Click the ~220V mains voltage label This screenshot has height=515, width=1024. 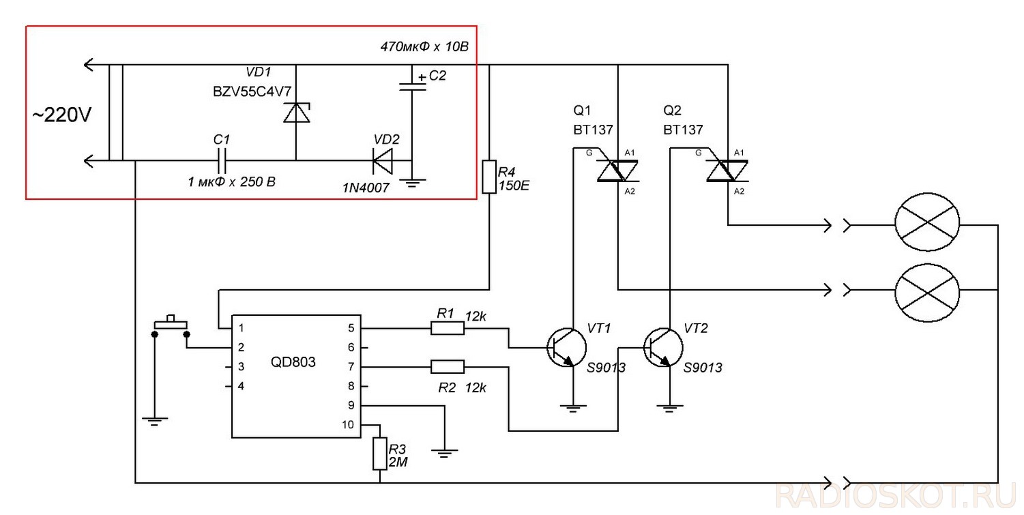pyautogui.click(x=61, y=115)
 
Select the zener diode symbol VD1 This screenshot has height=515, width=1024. pyautogui.click(x=296, y=113)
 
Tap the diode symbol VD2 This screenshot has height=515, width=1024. pyautogui.click(x=383, y=161)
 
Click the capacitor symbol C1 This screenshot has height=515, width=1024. pyautogui.click(x=222, y=160)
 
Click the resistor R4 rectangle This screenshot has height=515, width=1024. pyautogui.click(x=489, y=177)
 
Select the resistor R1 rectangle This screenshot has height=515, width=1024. pyautogui.click(x=448, y=328)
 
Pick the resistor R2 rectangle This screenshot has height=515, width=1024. pyautogui.click(x=448, y=366)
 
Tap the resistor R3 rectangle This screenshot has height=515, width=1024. pyautogui.click(x=380, y=454)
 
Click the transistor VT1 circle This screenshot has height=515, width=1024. pyautogui.click(x=567, y=347)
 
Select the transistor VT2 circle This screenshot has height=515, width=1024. pyautogui.click(x=663, y=347)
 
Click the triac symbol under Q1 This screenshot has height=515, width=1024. pyautogui.click(x=617, y=171)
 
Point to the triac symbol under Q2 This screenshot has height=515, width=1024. pyautogui.click(x=727, y=171)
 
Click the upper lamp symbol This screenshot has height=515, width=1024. pyautogui.click(x=927, y=222)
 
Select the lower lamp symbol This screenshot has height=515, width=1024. pyautogui.click(x=927, y=293)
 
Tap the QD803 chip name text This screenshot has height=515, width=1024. pyautogui.click(x=293, y=362)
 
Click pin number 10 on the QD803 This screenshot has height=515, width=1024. pyautogui.click(x=348, y=424)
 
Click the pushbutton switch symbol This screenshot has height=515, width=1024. pyautogui.click(x=171, y=327)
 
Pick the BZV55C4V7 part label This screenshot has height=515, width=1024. pyautogui.click(x=252, y=92)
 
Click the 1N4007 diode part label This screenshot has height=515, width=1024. pyautogui.click(x=366, y=188)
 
